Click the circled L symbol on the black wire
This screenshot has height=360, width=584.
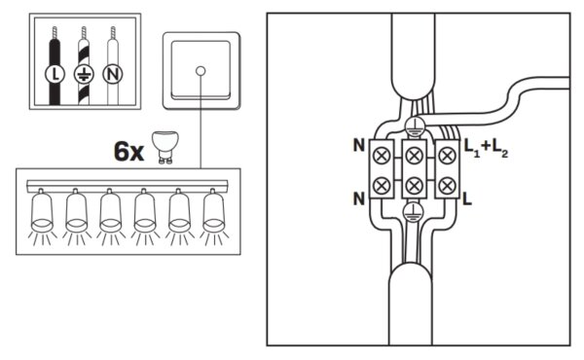coord(55,74)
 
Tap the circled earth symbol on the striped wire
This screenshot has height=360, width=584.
coord(84,74)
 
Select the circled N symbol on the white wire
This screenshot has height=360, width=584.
coord(113,74)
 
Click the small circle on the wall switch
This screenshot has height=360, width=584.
coord(201,71)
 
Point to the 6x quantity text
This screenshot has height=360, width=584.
coord(128,152)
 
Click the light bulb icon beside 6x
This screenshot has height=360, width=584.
coord(165,148)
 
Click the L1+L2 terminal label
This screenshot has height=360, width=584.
coord(486,148)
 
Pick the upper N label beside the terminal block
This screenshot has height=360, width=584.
coord(359,146)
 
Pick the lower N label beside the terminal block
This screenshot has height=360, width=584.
coord(359,198)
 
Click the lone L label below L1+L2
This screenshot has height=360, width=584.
coord(467,198)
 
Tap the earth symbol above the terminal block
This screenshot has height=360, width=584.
coord(415,126)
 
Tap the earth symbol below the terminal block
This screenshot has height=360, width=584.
coord(413,212)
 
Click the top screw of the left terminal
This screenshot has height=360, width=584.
coord(382,156)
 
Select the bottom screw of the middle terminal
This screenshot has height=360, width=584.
coord(414,185)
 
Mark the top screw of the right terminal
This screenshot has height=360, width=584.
coord(447,156)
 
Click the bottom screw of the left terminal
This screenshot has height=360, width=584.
coord(382,185)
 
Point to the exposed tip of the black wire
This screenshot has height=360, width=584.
coord(55,33)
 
